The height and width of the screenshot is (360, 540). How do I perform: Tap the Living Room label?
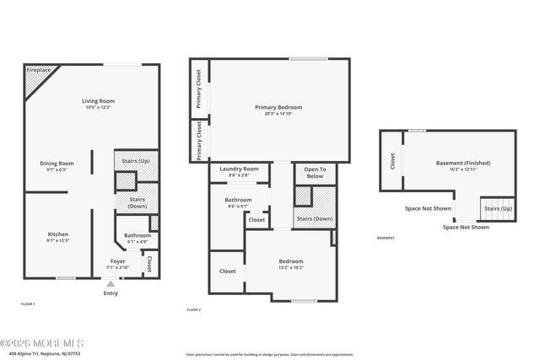click(98, 101)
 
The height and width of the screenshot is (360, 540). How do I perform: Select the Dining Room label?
click(57, 163)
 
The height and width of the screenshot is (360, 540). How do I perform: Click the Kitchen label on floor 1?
click(58, 234)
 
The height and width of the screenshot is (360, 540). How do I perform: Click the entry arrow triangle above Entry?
click(111, 284)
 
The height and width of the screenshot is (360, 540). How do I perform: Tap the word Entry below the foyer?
click(111, 293)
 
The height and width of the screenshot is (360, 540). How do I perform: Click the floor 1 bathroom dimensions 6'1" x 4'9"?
click(138, 242)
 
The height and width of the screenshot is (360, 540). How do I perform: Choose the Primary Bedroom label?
click(278, 107)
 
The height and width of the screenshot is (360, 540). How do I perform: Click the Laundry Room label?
click(238, 169)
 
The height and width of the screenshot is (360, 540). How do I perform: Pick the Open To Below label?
click(315, 173)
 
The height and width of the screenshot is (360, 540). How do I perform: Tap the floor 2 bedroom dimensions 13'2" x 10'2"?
click(291, 268)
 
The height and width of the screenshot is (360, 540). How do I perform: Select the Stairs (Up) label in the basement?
click(495, 207)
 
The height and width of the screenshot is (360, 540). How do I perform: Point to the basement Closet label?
click(391, 160)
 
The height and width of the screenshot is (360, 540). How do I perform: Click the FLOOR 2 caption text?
click(194, 309)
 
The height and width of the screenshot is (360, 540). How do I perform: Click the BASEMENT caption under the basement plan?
click(385, 238)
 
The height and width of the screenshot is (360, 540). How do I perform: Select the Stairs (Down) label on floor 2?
click(315, 218)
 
